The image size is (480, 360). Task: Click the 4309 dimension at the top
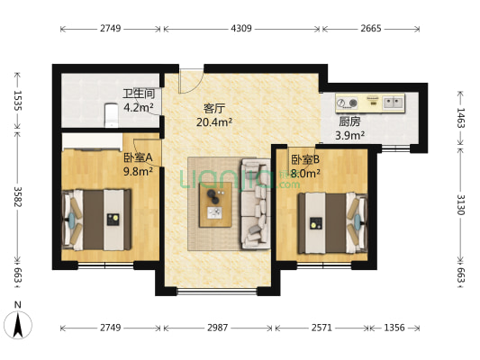(x=241, y=29)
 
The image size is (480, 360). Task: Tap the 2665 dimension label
(x=371, y=29)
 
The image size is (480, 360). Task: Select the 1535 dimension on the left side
(x=18, y=100)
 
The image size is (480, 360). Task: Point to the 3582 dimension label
(x=18, y=197)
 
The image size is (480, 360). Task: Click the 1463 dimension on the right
(x=461, y=118)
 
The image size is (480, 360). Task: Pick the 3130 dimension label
(x=461, y=204)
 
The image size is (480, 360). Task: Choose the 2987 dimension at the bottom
(x=218, y=328)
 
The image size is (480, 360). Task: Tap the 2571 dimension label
(x=322, y=328)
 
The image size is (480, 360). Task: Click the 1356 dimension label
(x=394, y=328)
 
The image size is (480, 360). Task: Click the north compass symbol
(x=18, y=325)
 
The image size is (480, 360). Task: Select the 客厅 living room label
(x=214, y=108)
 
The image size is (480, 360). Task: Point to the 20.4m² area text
(x=214, y=122)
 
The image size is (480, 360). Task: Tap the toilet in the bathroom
(x=111, y=115)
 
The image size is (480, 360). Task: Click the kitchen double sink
(x=393, y=102)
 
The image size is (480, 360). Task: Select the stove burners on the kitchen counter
(x=348, y=103)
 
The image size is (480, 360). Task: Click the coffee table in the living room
(x=215, y=204)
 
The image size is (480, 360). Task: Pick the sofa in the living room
(x=256, y=203)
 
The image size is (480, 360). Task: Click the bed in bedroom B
(x=333, y=223)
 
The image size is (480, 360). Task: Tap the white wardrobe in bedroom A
(x=92, y=142)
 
